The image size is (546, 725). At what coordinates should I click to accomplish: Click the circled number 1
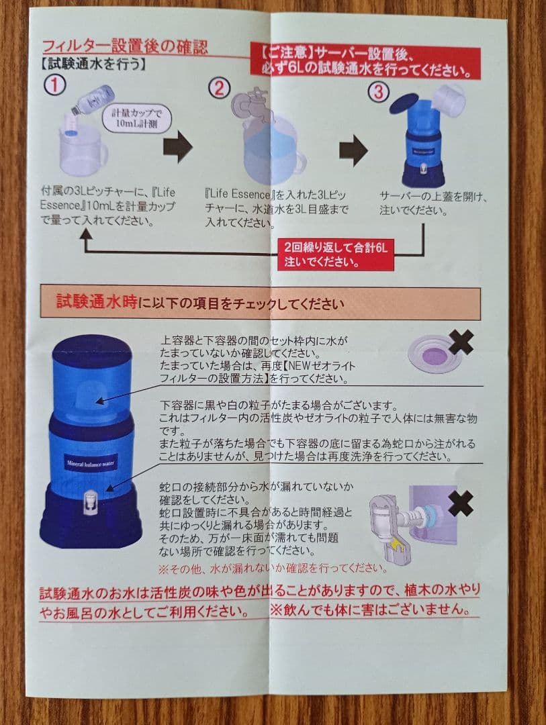(54, 85)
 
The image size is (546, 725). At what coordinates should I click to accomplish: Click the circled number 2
(219, 88)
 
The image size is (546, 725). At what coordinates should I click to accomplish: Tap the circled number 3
(378, 91)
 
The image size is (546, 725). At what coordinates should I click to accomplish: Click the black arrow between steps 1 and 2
(178, 146)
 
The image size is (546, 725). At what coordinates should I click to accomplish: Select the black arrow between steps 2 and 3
(353, 150)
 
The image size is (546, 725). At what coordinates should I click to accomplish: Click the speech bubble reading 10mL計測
(136, 118)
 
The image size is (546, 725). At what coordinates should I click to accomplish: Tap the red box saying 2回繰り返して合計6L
(336, 255)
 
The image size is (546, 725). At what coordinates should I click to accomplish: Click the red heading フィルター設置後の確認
(125, 46)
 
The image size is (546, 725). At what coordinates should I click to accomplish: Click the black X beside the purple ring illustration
(461, 342)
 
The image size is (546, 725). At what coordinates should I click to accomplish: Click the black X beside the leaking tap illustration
(461, 503)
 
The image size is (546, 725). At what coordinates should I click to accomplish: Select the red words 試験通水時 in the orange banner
(97, 301)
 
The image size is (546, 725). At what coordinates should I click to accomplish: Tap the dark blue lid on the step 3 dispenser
(404, 103)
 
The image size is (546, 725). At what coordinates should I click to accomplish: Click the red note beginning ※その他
(273, 569)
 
